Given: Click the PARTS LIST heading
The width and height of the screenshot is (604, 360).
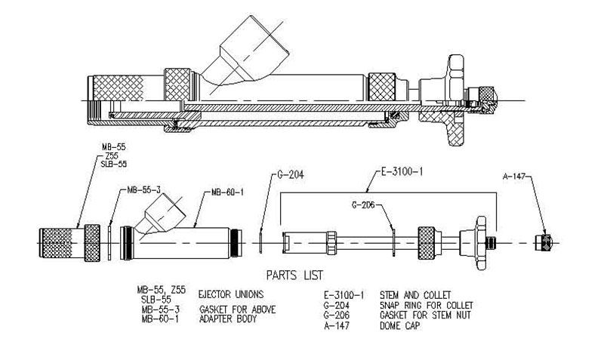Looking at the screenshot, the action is [294, 275].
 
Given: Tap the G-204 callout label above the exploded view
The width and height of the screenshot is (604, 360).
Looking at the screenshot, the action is [291, 175].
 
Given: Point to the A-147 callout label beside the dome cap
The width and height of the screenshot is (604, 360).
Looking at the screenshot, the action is [514, 177].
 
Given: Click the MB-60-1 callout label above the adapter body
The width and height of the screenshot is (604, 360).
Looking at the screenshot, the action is [227, 192].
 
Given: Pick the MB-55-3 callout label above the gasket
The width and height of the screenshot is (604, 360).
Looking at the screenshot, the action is [143, 190].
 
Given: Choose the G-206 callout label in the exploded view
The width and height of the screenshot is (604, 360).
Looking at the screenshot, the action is [363, 205].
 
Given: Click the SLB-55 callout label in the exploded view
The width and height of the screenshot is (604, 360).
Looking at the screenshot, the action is [114, 164].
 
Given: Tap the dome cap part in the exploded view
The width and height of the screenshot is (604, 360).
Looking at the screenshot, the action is [544, 242].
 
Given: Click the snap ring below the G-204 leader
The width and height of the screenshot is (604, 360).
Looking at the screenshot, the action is [260, 242].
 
